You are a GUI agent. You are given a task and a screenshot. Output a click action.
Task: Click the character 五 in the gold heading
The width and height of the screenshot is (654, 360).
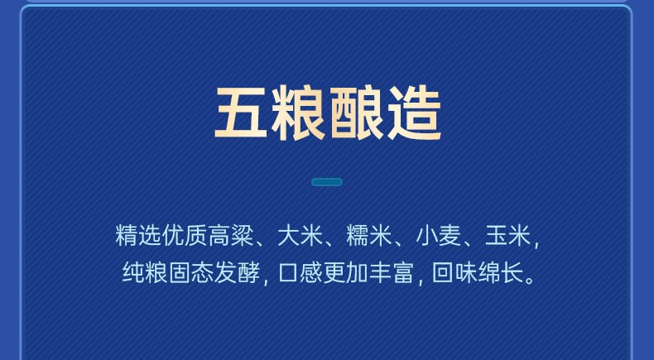coord(241,113)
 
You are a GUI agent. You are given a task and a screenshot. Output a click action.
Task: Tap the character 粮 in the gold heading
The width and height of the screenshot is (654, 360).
coord(298,113)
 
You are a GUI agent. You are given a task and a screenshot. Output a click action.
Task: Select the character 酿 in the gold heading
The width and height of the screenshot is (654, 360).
coord(357,113)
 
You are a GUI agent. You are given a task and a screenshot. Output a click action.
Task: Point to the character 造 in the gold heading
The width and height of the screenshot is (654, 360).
coord(414,113)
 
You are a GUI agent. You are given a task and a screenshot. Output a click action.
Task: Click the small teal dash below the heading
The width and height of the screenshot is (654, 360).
coord(327,182)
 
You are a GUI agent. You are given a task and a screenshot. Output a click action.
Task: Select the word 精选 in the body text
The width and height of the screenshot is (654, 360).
coord(138,236)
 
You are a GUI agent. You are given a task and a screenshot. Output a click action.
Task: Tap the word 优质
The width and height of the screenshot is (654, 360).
coord(185,236)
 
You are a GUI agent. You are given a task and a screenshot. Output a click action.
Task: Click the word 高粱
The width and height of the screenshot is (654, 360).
coord(231,236)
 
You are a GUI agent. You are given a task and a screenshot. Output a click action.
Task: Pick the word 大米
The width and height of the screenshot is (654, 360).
coord(301,236)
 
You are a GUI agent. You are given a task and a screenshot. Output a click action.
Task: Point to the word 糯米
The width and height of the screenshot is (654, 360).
coord(369,236)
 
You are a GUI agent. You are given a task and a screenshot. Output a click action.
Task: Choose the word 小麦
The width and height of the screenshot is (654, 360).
coord(439,236)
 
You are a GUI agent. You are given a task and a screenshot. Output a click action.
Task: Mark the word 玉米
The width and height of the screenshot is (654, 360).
coord(507,236)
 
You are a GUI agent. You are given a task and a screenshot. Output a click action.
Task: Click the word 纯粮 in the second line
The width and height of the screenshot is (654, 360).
coord(145,272)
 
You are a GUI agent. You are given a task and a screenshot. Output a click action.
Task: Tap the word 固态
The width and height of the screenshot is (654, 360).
coord(191,272)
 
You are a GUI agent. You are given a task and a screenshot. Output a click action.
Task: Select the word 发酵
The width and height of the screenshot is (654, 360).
coord(237,272)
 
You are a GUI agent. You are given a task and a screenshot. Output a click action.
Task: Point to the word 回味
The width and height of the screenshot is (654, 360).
coord(454,272)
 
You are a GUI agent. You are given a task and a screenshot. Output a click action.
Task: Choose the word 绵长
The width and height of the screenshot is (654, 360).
coord(501,272)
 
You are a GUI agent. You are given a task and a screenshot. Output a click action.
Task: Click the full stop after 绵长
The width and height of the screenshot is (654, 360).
coord(530,280)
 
